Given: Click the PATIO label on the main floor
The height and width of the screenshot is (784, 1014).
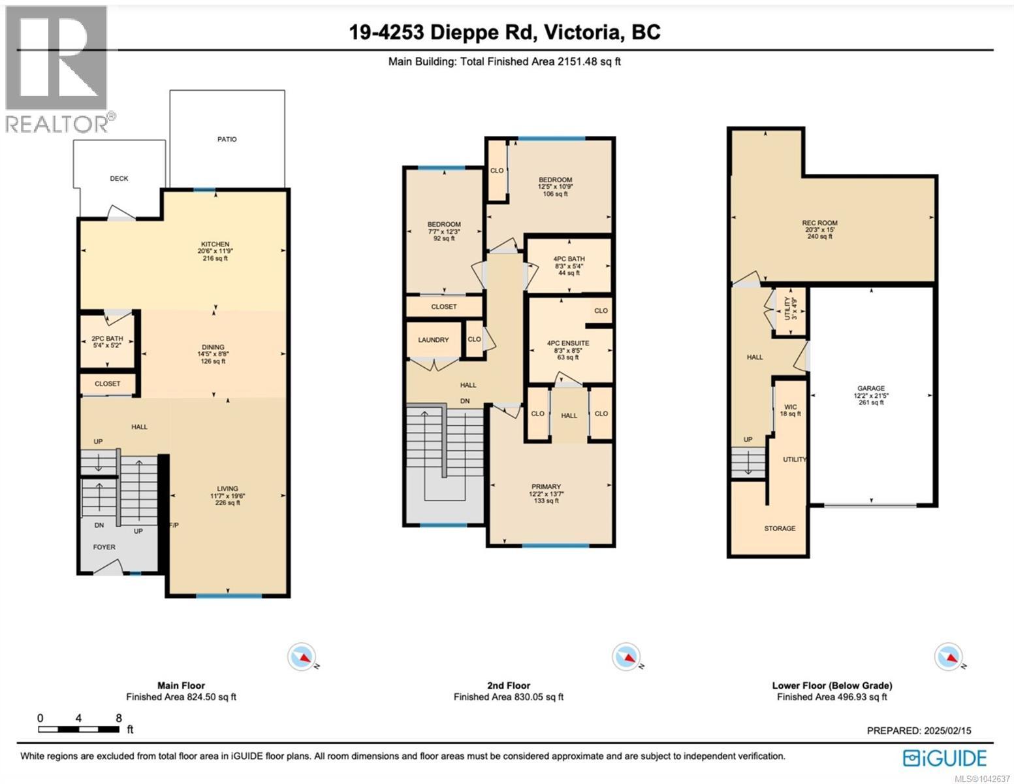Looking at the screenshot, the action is tap(227, 139).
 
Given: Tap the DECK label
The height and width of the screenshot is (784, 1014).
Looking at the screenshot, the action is tap(119, 178).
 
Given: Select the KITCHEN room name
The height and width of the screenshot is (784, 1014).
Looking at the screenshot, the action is tap(215, 244).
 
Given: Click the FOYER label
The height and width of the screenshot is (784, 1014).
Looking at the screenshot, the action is tap(104, 547).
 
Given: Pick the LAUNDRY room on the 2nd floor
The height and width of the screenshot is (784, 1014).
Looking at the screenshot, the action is tap(434, 340).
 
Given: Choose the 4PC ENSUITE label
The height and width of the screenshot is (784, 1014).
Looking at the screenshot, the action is tap(568, 343).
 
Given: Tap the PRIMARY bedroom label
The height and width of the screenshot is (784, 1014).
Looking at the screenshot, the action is tap(546, 487).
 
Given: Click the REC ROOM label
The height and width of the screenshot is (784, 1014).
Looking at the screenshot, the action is tap(820, 223).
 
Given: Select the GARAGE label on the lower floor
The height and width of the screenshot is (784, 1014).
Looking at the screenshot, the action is tap(871, 389).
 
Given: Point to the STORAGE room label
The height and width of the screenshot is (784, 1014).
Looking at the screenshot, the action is tap(780, 529).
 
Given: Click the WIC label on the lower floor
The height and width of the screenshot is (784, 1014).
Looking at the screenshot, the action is tap(791, 407).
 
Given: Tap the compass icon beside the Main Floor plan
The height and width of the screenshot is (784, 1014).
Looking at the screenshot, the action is tap(302, 657).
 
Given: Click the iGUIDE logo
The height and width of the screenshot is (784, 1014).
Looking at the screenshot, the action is tap(945, 758).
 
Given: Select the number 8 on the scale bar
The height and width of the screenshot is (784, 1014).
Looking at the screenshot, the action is tap(119, 718).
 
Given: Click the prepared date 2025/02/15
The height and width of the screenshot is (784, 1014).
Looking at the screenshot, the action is tap(945, 731).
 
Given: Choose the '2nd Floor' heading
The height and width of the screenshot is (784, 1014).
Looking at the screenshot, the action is tap(509, 685).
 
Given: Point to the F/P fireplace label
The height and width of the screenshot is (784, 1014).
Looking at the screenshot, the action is tap(174, 525).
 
